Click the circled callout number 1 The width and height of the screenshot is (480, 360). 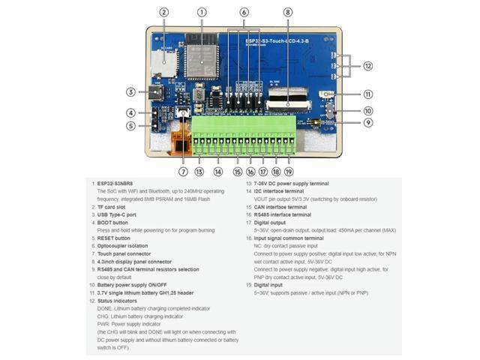coord(202,12)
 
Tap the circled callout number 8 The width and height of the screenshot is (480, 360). coord(288,12)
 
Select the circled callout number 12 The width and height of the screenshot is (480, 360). coord(367,66)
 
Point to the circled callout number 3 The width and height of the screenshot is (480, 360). coord(130,92)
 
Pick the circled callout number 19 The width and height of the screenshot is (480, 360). coord(289,172)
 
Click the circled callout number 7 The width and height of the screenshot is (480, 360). coord(184,172)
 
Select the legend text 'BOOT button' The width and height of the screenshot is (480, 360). coord(115,222)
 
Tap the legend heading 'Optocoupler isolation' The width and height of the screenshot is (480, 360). coord(125,245)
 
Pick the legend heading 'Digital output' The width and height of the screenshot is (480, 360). coord(271,222)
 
